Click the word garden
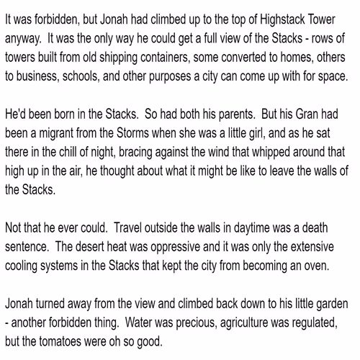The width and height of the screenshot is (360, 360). click(336, 271)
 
